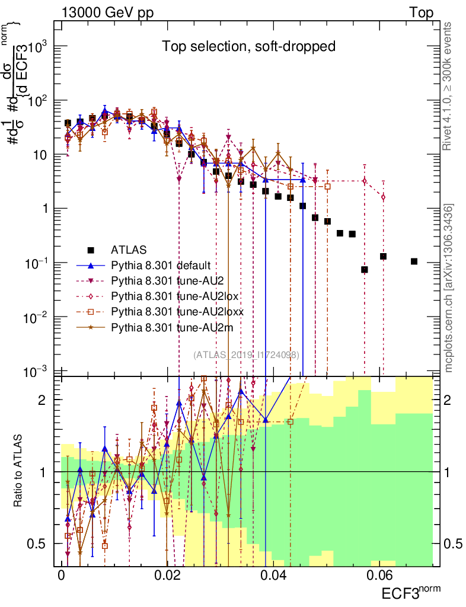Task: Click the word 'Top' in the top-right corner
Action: tap(421, 12)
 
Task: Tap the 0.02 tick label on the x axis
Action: tap(167, 575)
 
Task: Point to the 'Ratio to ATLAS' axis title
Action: tap(19, 471)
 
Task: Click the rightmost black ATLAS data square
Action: tap(414, 261)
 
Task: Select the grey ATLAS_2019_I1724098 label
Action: tap(246, 354)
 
